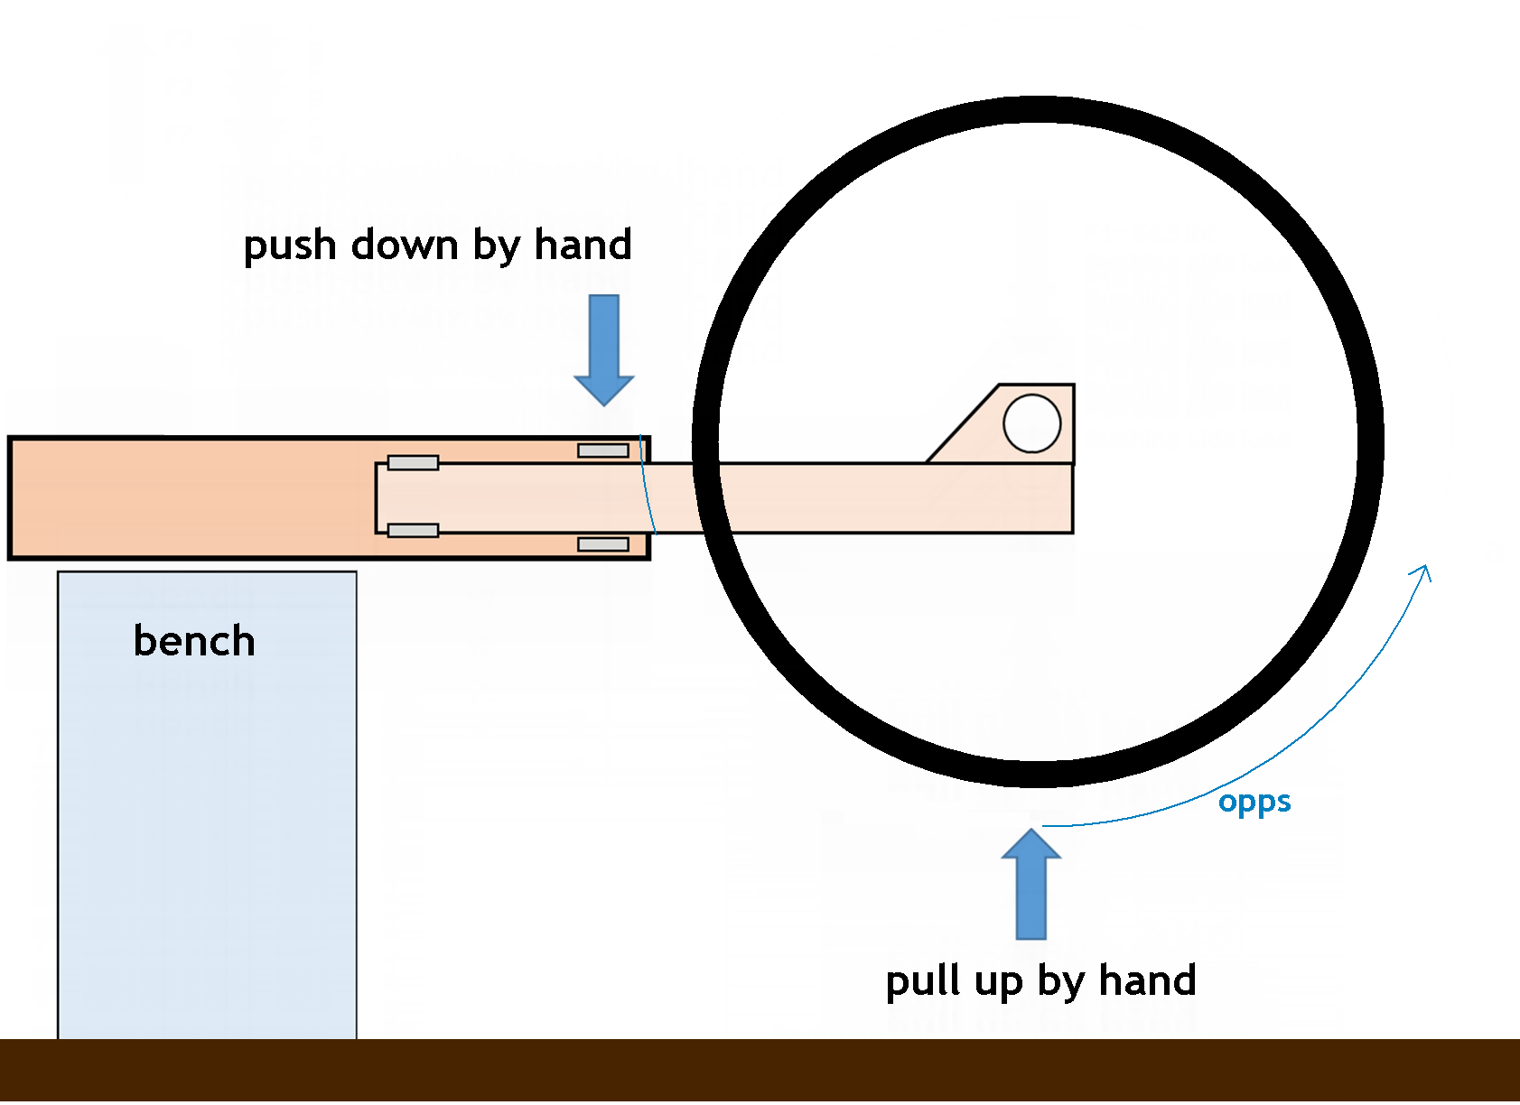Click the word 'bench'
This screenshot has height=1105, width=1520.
click(x=194, y=641)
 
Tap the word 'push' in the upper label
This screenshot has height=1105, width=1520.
click(x=290, y=246)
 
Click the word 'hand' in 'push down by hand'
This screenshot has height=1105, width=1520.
click(x=583, y=245)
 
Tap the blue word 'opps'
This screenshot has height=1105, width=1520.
click(x=1254, y=803)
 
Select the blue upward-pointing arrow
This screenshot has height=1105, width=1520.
click(x=1030, y=885)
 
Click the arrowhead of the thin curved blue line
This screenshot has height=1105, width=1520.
click(x=1423, y=571)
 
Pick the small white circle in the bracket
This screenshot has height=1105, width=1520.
click(x=1031, y=422)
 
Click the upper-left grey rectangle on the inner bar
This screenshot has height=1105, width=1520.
click(x=413, y=463)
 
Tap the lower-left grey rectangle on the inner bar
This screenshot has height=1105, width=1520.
click(x=413, y=531)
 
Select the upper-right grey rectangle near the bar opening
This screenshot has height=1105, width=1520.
click(x=603, y=450)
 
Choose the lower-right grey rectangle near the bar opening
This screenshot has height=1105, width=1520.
click(x=603, y=544)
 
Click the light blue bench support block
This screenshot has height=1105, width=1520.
click(x=207, y=812)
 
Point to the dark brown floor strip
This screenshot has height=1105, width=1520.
click(x=760, y=1071)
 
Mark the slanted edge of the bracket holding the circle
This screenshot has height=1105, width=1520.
click(x=963, y=423)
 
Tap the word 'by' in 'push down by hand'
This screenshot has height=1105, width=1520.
click(x=495, y=246)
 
